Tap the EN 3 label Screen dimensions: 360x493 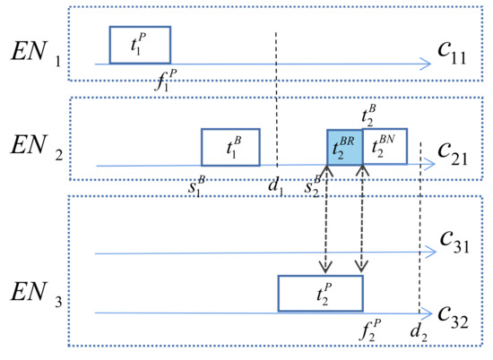tap(32, 293)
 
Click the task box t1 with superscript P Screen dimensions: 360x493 tap(140, 45)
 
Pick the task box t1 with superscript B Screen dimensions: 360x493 tap(230, 147)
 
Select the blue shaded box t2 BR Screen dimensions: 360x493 tap(344, 147)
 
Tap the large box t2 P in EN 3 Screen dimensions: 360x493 tap(320, 294)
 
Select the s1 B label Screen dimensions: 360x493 tap(197, 186)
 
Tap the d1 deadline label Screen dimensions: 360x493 tap(277, 186)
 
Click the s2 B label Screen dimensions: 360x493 tap(314, 186)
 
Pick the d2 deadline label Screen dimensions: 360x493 tap(419, 333)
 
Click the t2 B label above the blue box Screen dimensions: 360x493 tap(368, 114)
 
